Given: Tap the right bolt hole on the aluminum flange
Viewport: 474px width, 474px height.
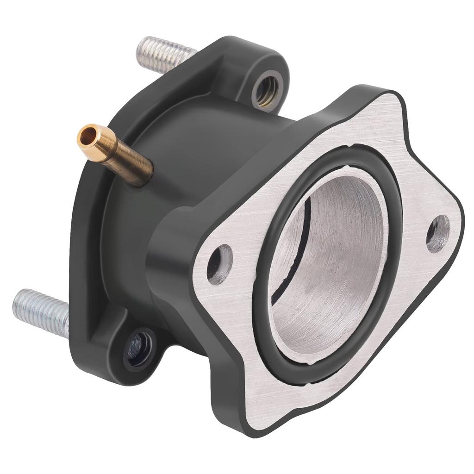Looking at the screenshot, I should point(438,233).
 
